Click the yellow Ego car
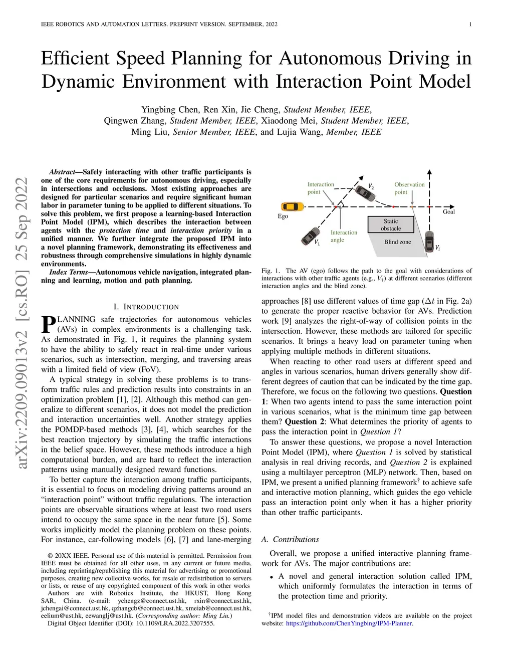tap(292, 206)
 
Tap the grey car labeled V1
tap(311, 235)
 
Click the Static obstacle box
tap(391, 225)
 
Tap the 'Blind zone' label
tap(397, 242)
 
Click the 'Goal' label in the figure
tap(449, 212)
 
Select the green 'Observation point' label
tap(409, 188)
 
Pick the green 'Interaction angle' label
tap(344, 236)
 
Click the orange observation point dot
tap(412, 206)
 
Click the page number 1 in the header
tap(470, 24)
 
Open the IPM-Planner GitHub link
tap(349, 623)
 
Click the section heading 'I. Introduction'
tap(146, 307)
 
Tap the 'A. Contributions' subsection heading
tap(290, 539)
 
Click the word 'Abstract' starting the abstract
tap(62, 172)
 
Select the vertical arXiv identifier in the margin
tap(22, 323)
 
